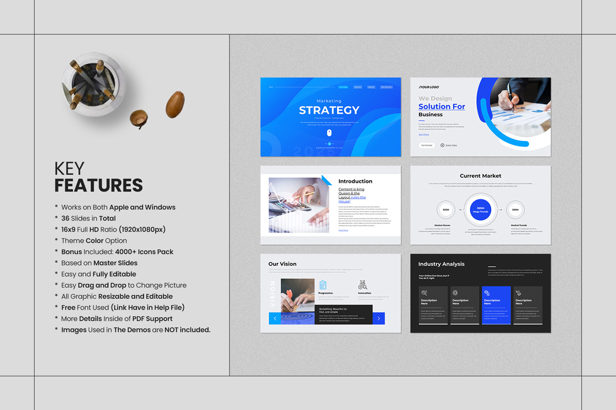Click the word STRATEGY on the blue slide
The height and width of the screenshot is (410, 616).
pyautogui.click(x=329, y=110)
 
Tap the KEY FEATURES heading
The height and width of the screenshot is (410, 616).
pyautogui.click(x=99, y=177)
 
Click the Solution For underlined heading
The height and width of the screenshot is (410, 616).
pyautogui.click(x=441, y=107)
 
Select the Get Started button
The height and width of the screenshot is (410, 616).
pyautogui.click(x=427, y=146)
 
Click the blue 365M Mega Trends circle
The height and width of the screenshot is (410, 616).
pyautogui.click(x=480, y=210)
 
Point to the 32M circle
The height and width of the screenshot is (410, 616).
pyautogui.click(x=446, y=210)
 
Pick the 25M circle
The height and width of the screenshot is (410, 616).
pyautogui.click(x=515, y=210)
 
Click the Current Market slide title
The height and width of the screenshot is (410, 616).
pyautogui.click(x=480, y=176)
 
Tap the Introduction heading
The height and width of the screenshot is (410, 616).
pyautogui.click(x=355, y=181)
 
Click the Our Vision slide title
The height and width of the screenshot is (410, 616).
pyautogui.click(x=282, y=264)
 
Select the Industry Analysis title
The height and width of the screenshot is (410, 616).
pyautogui.click(x=441, y=264)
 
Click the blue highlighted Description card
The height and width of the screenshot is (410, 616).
pyautogui.click(x=496, y=305)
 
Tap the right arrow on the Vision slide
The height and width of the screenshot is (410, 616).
pyautogui.click(x=379, y=319)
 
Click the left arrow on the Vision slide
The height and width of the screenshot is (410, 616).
pyautogui.click(x=275, y=319)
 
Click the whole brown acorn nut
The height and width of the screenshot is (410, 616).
pyautogui.click(x=175, y=104)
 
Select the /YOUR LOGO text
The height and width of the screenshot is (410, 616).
pyautogui.click(x=429, y=87)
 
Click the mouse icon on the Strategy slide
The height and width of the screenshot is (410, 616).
pyautogui.click(x=330, y=133)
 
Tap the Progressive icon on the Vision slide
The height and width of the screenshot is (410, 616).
pyautogui.click(x=323, y=284)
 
